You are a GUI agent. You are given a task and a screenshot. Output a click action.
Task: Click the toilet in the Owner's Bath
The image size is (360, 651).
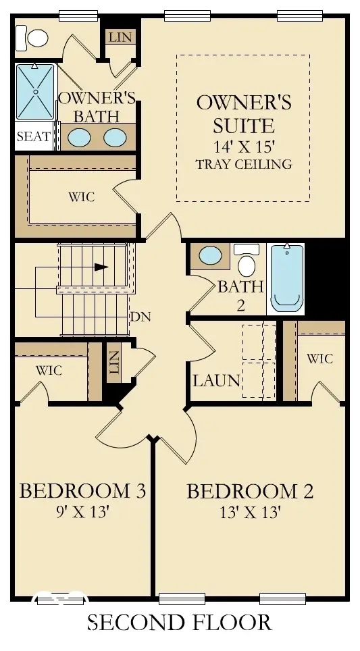[32, 38]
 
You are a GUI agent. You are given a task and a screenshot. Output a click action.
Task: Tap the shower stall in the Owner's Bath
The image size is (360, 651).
[35, 92]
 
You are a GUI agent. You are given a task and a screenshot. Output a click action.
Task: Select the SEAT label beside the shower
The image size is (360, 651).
[34, 136]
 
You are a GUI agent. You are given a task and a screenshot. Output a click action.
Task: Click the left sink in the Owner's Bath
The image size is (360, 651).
[79, 137]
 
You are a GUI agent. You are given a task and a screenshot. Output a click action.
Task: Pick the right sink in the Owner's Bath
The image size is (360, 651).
[115, 137]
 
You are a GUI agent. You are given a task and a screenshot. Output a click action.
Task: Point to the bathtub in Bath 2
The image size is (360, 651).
[287, 278]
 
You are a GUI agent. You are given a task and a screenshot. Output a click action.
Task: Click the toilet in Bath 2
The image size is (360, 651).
[247, 260]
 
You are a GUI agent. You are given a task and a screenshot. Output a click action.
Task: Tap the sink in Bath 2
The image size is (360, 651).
[211, 255]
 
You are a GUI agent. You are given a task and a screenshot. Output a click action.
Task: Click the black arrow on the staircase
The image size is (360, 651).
[101, 267]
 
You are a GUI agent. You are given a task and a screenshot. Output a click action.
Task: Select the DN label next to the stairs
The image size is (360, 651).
[140, 317]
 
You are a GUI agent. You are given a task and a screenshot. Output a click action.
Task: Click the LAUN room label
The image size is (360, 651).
[217, 380]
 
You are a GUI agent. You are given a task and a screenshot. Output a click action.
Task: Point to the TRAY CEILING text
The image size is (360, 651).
[244, 164]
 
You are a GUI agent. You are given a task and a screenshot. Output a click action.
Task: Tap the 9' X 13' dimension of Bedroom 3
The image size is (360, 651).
[82, 513]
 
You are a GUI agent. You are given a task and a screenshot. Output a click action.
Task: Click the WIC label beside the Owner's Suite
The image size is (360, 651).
[81, 197]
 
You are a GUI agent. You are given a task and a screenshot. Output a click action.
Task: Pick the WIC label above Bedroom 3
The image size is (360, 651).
[49, 369]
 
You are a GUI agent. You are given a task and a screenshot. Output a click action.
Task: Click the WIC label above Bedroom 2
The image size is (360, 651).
[319, 358]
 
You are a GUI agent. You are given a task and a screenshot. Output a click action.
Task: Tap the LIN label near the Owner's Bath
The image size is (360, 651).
[121, 37]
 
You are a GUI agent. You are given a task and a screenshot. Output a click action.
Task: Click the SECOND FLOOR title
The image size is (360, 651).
[180, 623]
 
